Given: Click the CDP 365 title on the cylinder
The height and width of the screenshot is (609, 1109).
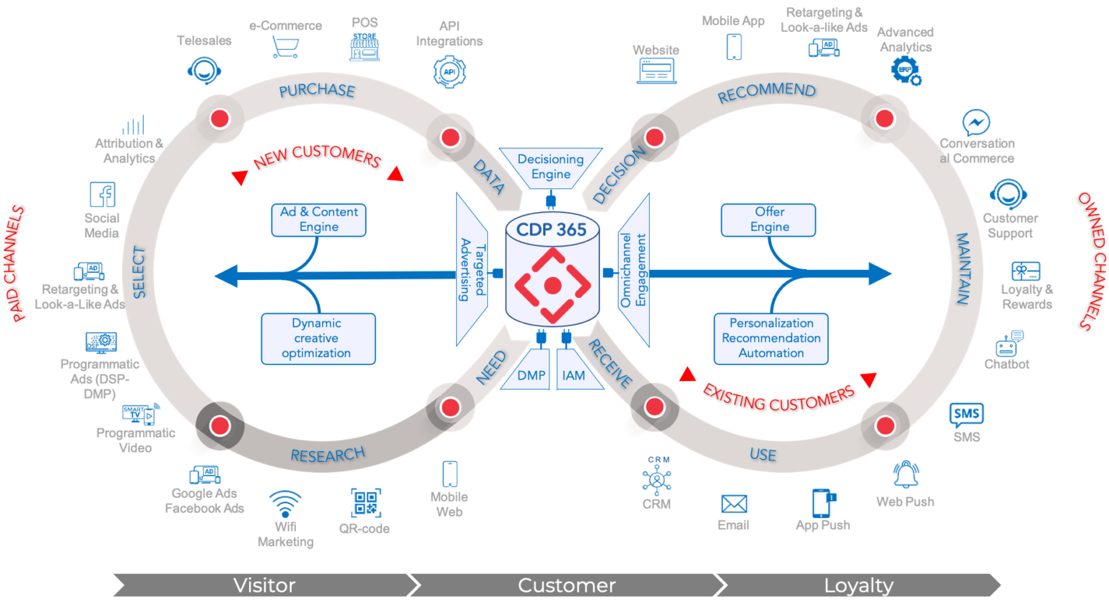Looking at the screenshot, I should pyautogui.click(x=552, y=229).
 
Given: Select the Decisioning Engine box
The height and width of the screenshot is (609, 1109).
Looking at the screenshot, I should pyautogui.click(x=551, y=167).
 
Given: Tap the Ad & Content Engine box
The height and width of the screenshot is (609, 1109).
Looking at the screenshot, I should pyautogui.click(x=318, y=219).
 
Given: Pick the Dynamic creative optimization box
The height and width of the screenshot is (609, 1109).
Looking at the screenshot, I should pyautogui.click(x=317, y=338).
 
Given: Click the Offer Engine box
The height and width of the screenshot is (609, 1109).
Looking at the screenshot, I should pyautogui.click(x=769, y=219).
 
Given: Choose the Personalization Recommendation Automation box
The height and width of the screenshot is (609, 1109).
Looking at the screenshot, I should pyautogui.click(x=770, y=338).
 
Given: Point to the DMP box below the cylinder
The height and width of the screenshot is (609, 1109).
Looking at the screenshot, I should pyautogui.click(x=531, y=375).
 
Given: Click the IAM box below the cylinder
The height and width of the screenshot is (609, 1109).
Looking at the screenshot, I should pyautogui.click(x=574, y=375).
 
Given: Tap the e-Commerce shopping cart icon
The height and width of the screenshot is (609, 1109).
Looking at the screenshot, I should pyautogui.click(x=285, y=48).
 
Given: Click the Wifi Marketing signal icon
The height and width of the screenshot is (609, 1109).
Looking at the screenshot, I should pyautogui.click(x=285, y=502).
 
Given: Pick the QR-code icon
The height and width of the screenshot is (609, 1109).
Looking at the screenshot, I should pyautogui.click(x=365, y=503).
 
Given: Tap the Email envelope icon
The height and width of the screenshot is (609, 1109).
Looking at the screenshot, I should pyautogui.click(x=734, y=504).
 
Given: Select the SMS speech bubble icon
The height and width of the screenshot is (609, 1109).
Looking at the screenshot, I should pyautogui.click(x=966, y=415).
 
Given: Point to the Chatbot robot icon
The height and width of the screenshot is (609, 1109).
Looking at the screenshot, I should pyautogui.click(x=1009, y=343).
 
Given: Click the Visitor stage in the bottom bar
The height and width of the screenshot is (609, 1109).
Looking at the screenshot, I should pyautogui.click(x=264, y=585).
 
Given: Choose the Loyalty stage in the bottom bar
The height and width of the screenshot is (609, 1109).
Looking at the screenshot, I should pyautogui.click(x=858, y=585).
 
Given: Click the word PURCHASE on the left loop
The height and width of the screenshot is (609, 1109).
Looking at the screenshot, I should pyautogui.click(x=317, y=90).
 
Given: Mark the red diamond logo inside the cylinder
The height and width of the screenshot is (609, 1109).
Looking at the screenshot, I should pyautogui.click(x=552, y=286).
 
